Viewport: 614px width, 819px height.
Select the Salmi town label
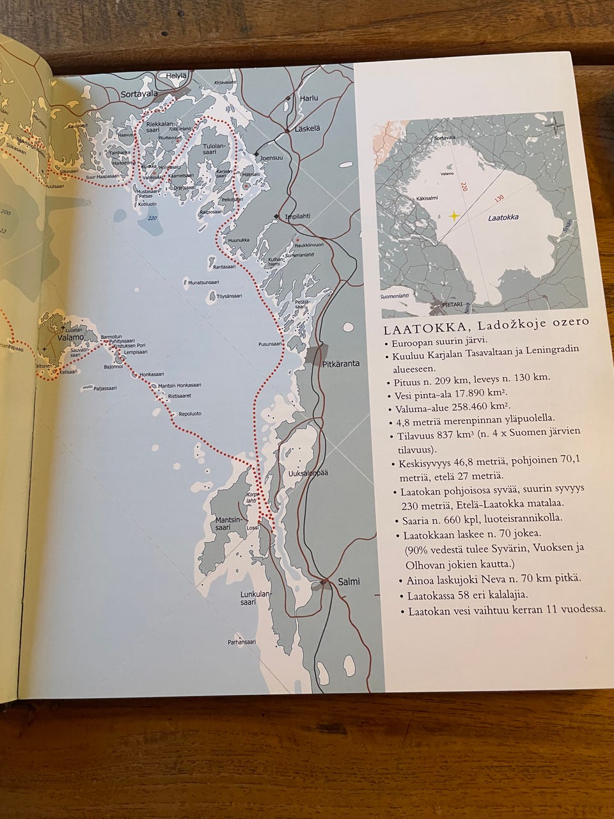point(349,582)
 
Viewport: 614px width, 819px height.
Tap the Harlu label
point(308,98)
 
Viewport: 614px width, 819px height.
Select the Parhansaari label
point(242,642)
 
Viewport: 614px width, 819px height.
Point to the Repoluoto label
point(189,413)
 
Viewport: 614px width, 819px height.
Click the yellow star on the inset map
point(454,216)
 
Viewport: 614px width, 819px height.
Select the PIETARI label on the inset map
point(455,306)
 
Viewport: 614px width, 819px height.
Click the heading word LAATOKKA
point(414,331)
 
